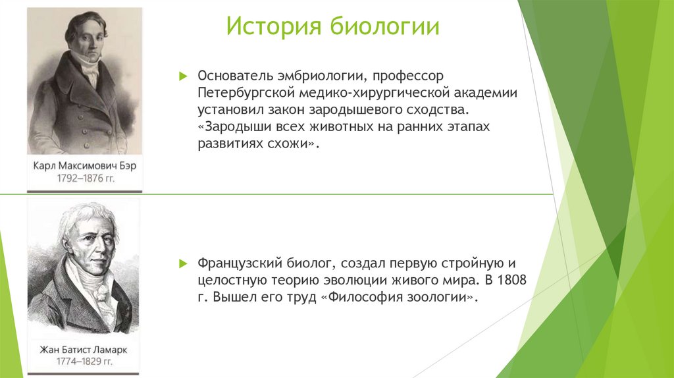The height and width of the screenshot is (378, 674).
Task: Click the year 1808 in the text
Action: [512, 281]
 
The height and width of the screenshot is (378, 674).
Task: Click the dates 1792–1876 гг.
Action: [85, 178]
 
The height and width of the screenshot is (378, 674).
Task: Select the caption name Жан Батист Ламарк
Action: [84, 350]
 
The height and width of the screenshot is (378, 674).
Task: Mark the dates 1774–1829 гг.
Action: [84, 362]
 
